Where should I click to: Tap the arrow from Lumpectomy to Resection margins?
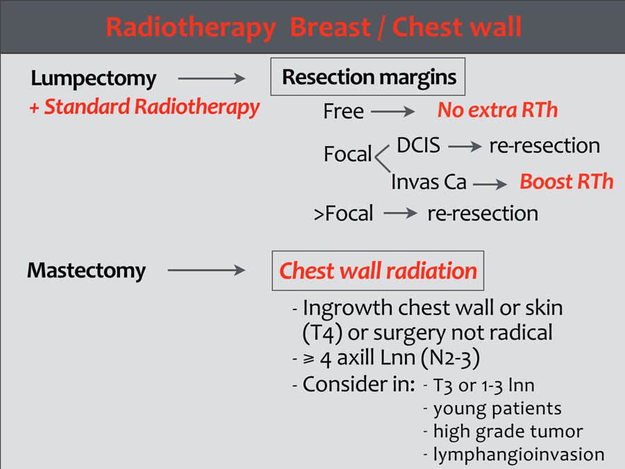point(212,78)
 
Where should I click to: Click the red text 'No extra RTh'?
point(497,110)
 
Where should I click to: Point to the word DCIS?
point(419,145)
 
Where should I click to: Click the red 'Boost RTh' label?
point(567,182)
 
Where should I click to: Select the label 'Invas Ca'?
point(429,182)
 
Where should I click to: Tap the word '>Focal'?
point(344,214)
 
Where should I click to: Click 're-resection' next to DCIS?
point(544,146)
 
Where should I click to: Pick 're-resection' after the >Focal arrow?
point(483,214)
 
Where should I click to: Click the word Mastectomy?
point(87,271)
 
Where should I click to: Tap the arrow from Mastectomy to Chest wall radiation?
point(206,271)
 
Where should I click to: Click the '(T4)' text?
point(322,333)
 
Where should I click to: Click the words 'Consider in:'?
point(359,384)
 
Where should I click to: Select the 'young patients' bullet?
point(497,409)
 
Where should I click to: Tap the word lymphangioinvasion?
point(519,454)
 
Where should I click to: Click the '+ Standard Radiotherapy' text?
point(144,108)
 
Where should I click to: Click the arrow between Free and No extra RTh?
point(392,112)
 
